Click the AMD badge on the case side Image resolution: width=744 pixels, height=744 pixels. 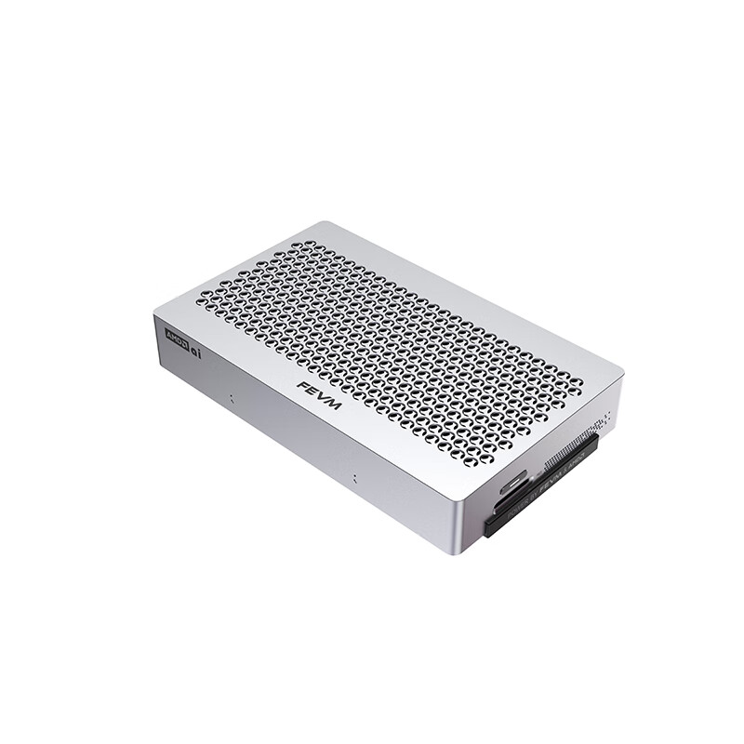click(176, 337)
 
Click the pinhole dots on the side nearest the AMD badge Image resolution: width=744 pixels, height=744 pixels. click(231, 400)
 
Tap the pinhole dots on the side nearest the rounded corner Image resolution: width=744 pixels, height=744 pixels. click(353, 480)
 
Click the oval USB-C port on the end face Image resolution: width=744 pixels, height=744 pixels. click(514, 485)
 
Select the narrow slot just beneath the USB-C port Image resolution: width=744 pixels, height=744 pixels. click(508, 503)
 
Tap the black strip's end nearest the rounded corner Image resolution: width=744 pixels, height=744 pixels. click(490, 529)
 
